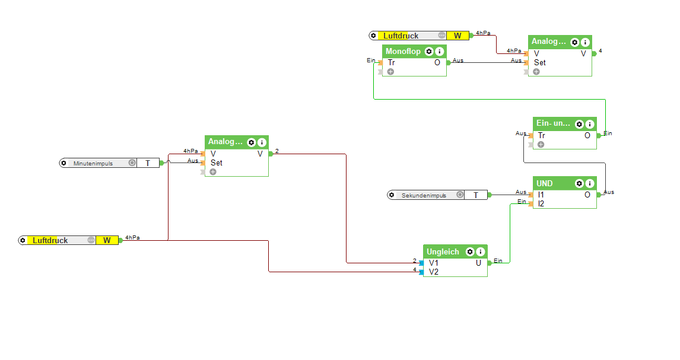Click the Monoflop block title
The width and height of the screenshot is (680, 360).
403,52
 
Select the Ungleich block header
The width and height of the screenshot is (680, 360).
443,251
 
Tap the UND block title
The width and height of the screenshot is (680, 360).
545,183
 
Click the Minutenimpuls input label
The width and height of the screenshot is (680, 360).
93,163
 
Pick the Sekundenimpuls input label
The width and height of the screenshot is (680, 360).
424,195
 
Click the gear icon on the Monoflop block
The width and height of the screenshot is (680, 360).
428,52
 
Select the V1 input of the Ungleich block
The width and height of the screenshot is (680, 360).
434,262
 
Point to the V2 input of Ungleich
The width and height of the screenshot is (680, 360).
434,272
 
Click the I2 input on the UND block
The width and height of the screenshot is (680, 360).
541,203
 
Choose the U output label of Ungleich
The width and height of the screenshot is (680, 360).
478,262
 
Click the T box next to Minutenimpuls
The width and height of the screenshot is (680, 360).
148,163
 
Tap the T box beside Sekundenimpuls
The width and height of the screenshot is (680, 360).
476,195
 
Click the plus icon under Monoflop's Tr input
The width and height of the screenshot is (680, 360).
390,72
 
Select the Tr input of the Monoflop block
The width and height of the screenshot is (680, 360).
392,62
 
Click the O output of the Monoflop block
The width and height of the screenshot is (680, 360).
437,62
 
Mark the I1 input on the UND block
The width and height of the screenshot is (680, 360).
541,194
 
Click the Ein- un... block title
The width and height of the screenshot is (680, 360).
553,123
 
